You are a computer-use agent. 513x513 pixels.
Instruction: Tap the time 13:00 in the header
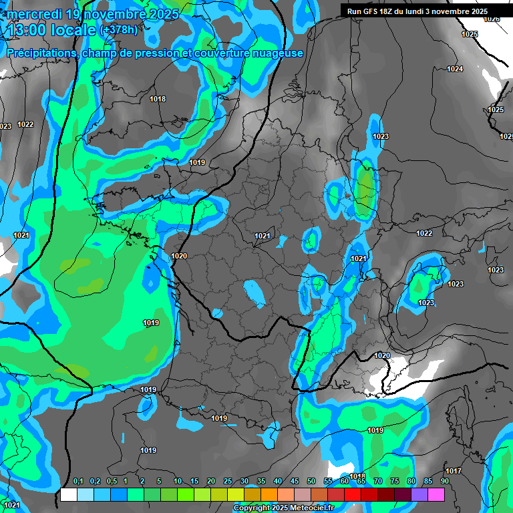[27, 30]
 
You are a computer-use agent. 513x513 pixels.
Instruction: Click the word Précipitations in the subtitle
[40, 53]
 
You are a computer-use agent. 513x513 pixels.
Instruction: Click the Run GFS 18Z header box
[417, 11]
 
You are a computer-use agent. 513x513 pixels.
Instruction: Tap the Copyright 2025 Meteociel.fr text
[284, 508]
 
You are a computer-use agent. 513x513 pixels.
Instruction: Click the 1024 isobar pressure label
[455, 69]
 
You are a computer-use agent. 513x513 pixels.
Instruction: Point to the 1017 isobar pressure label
[454, 471]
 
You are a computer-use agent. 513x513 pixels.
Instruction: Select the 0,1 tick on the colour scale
[77, 482]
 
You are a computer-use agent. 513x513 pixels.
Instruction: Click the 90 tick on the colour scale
[444, 482]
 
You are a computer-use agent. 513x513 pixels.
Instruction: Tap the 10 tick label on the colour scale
[178, 482]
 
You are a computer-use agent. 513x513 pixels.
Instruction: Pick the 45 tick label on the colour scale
[295, 482]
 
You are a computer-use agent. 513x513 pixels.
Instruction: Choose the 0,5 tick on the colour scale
[111, 482]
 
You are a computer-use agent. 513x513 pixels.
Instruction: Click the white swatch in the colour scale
[69, 494]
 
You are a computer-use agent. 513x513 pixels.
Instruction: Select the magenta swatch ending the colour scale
[436, 494]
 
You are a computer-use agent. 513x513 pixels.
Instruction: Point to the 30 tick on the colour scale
[244, 482]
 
